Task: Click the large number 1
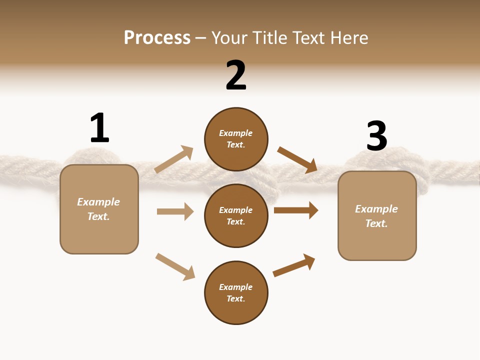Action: [x=99, y=128]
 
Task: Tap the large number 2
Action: [x=236, y=75]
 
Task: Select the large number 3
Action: [x=376, y=136]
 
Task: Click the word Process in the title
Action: [x=157, y=37]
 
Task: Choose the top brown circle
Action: [x=236, y=139]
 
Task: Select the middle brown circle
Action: [x=236, y=215]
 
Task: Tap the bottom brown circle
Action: [x=236, y=292]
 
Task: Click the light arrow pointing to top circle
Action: [x=174, y=159]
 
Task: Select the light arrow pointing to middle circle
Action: [x=175, y=211]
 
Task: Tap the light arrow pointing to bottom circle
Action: [x=175, y=266]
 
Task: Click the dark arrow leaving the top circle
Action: [x=297, y=159]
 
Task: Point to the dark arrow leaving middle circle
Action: [x=296, y=210]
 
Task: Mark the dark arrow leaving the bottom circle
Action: [x=294, y=265]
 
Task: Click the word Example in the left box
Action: [x=98, y=202]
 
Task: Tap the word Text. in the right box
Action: [x=376, y=223]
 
